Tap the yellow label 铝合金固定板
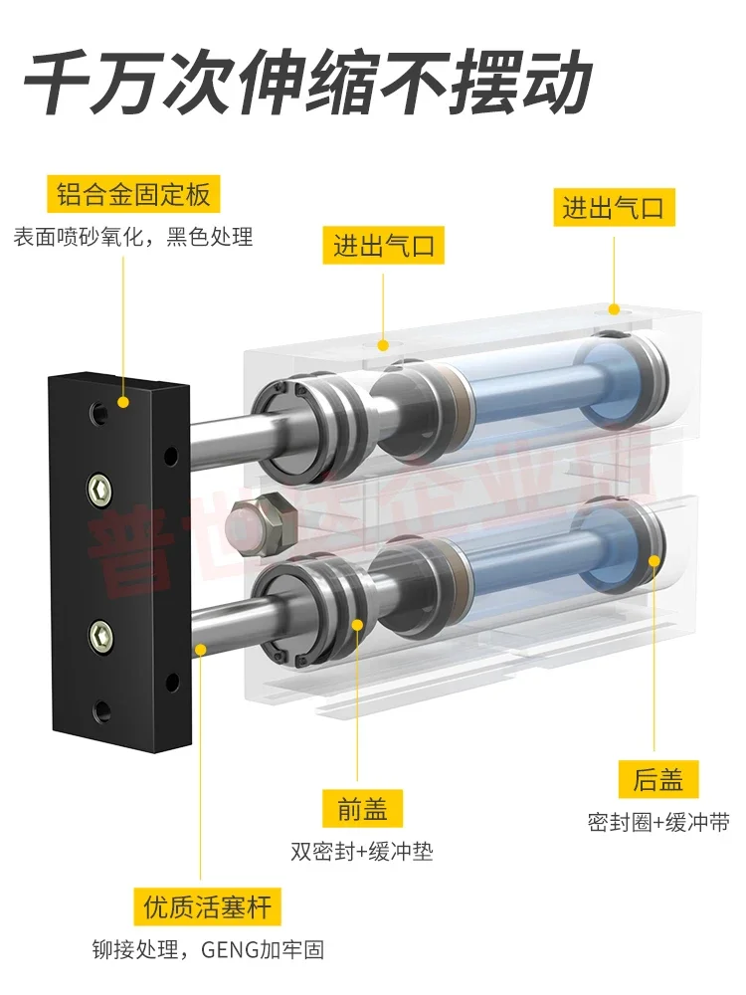click(x=132, y=192)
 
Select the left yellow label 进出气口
click(x=383, y=245)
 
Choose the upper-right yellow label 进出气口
click(x=614, y=208)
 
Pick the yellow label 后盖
click(x=657, y=777)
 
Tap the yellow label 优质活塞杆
click(x=207, y=906)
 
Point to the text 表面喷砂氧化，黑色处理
click(x=133, y=237)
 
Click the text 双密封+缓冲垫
click(x=362, y=852)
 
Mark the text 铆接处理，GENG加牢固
click(x=208, y=950)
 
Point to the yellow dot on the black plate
click(x=123, y=403)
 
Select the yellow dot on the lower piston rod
click(x=202, y=649)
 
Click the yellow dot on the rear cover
click(x=654, y=558)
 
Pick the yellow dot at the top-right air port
click(x=615, y=309)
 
